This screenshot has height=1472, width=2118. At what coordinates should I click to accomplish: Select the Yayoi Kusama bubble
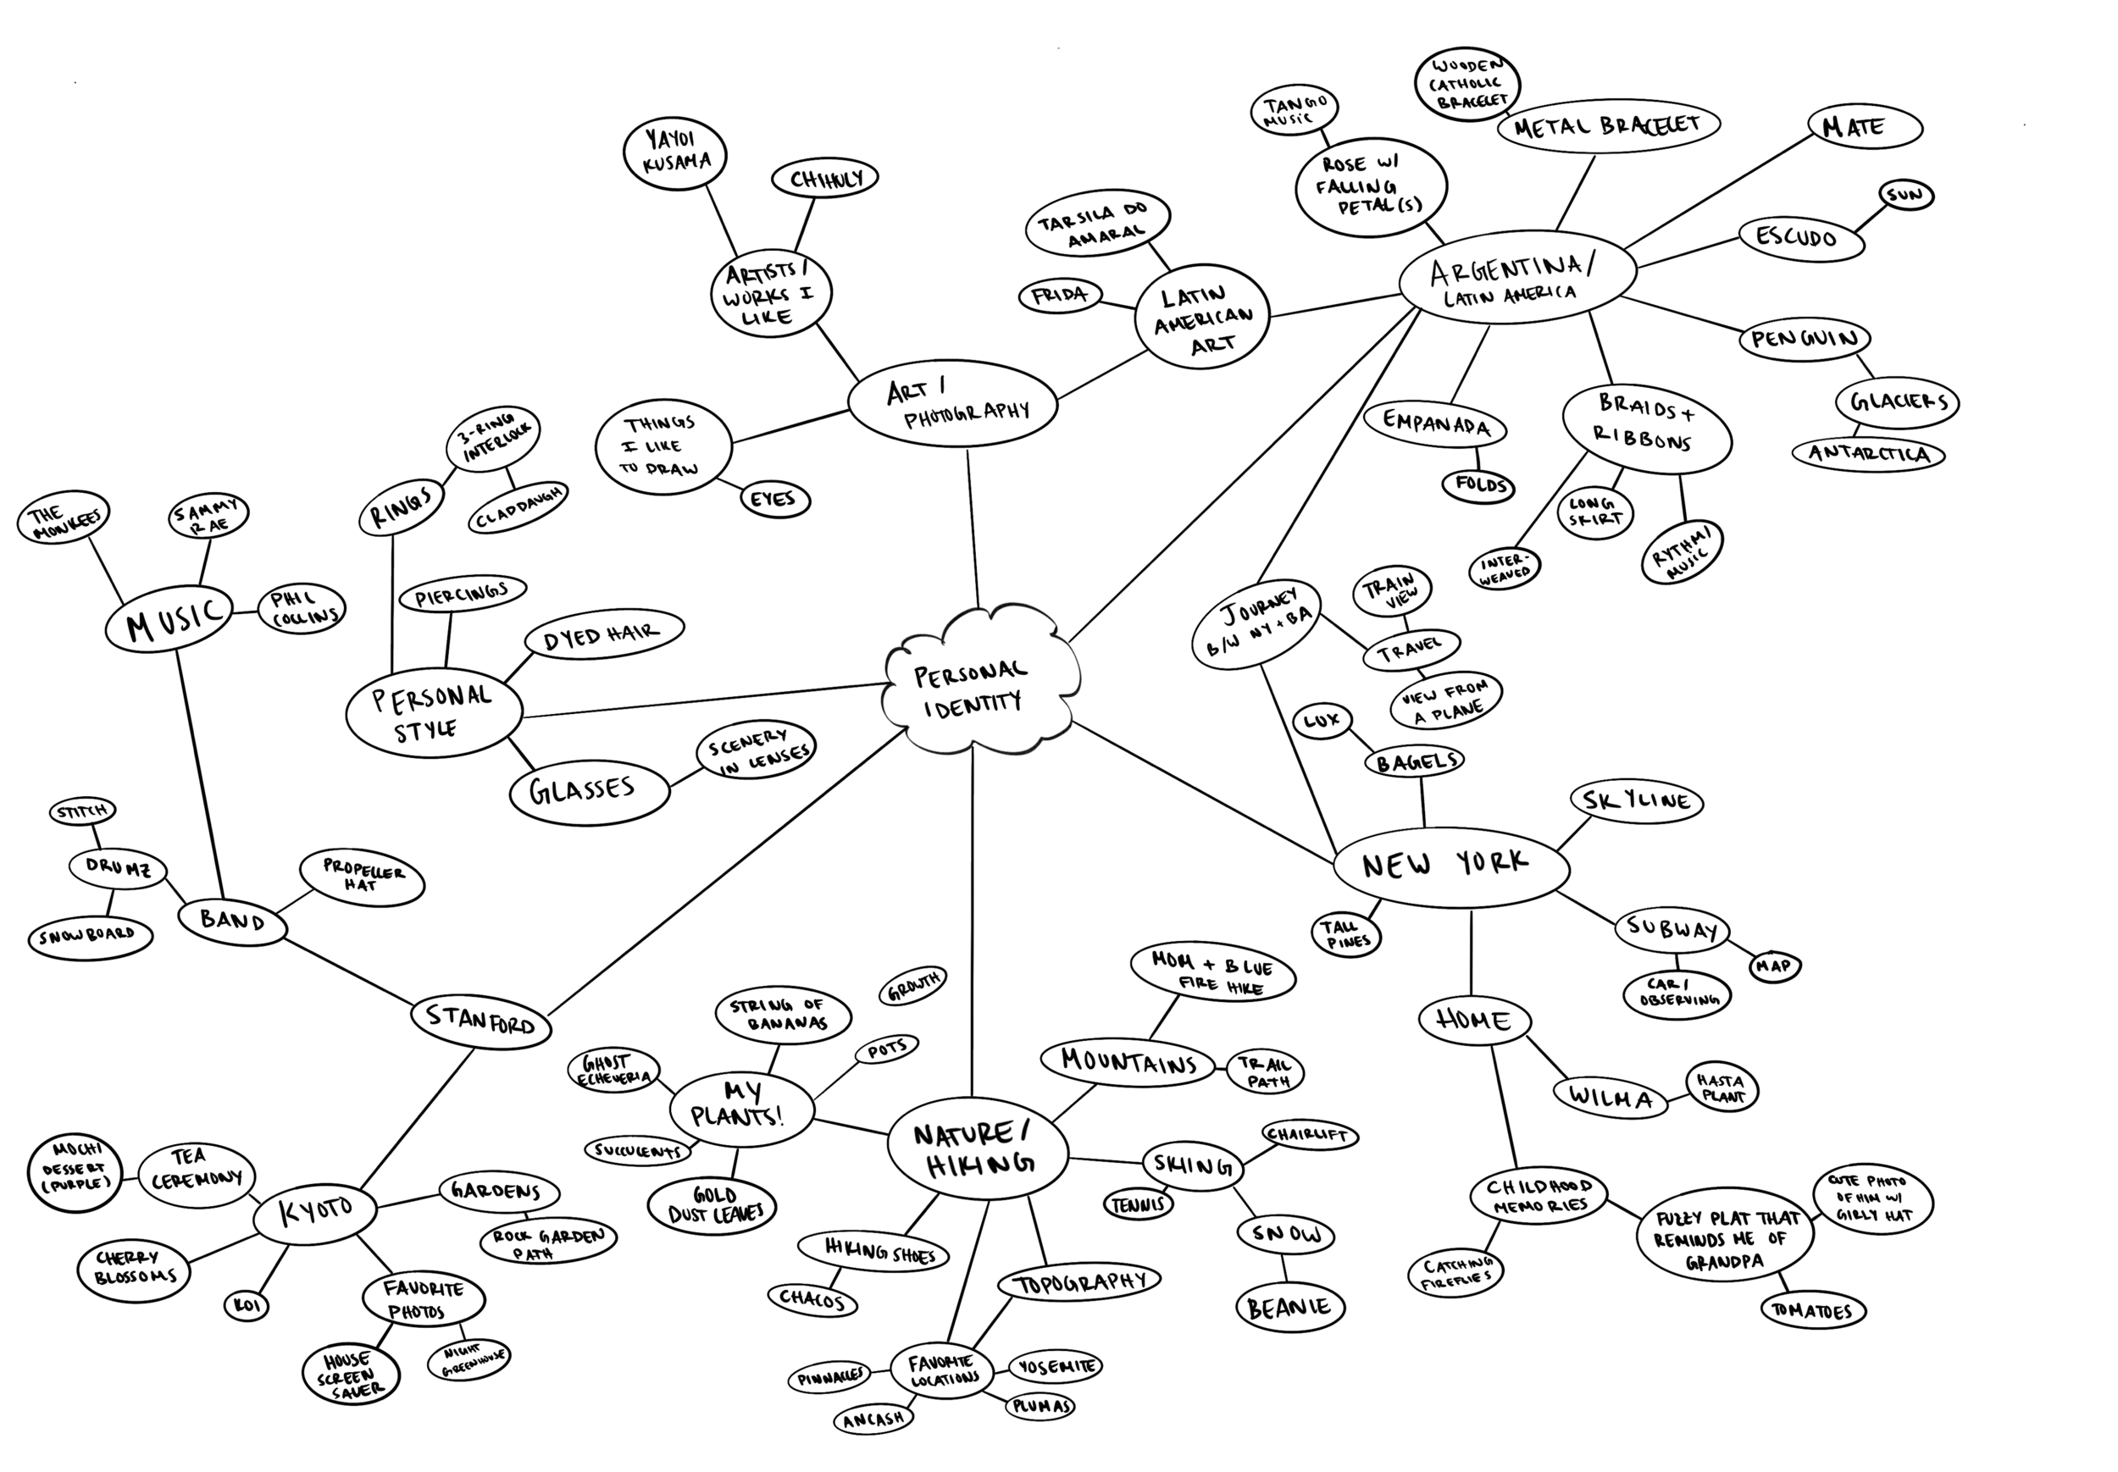675,152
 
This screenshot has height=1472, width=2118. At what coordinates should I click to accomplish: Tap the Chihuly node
823,178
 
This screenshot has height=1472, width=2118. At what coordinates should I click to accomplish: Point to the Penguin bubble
1804,340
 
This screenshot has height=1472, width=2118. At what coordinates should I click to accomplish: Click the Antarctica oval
1868,454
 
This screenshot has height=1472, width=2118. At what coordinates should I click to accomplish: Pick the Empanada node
1434,425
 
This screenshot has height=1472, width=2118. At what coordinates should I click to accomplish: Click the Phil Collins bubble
302,609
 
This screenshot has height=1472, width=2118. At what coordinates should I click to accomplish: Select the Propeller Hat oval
363,878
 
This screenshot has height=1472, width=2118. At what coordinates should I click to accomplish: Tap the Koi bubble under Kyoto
247,1305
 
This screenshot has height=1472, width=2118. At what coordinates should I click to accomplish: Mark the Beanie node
1289,1307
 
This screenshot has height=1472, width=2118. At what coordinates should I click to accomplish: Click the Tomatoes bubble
1812,1310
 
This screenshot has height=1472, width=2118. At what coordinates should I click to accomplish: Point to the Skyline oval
1636,800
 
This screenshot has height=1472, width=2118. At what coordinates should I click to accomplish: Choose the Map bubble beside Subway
1774,966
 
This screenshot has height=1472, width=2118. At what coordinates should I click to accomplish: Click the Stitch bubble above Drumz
82,812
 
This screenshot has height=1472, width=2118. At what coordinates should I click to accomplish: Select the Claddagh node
518,507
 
